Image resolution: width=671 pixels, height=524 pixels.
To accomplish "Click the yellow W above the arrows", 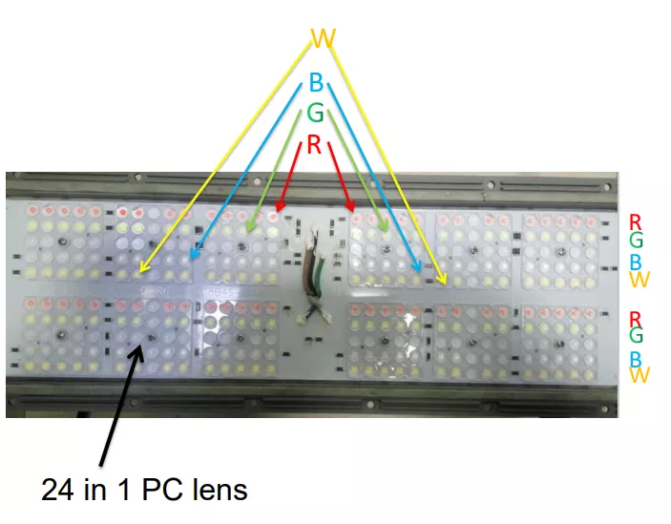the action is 323,38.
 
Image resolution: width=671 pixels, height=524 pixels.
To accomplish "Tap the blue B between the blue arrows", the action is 316,82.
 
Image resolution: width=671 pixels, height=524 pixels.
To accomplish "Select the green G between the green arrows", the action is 315,113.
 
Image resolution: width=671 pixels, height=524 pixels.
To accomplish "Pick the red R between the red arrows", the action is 314,144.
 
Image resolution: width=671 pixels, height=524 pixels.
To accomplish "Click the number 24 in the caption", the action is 57,490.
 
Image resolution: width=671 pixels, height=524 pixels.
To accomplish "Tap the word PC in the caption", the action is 157,490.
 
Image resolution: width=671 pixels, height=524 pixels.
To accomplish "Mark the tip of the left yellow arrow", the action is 140,272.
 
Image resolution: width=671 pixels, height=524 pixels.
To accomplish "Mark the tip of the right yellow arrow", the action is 446,284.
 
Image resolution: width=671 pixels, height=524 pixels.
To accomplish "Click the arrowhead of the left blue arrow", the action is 191,260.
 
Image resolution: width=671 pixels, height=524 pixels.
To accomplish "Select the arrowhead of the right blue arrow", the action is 421,272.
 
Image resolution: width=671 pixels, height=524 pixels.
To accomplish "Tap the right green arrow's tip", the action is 388,231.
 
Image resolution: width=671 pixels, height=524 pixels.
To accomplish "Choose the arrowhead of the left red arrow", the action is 277,211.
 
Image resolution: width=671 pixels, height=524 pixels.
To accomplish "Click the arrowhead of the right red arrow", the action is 353,211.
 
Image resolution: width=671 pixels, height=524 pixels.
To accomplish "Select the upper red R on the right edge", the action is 635,222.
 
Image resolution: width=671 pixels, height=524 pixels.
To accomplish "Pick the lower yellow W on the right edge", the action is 640,375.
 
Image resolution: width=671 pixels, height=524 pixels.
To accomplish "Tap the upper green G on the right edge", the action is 636,240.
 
